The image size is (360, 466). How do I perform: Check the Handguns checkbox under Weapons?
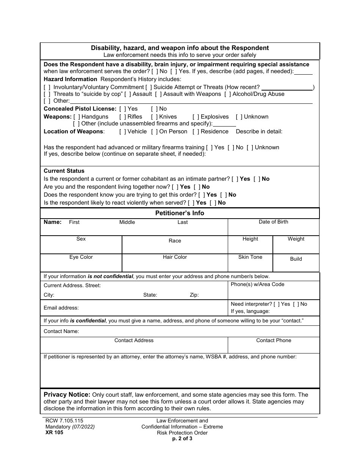tap(77, 117)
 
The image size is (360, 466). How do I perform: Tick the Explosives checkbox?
tap(196, 117)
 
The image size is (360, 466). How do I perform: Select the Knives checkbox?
tap(154, 117)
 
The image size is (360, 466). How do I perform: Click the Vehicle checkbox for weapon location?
tap(122, 131)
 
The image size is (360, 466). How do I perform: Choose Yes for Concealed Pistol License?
tap(122, 109)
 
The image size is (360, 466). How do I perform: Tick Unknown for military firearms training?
tap(250, 147)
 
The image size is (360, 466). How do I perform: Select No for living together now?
tap(197, 187)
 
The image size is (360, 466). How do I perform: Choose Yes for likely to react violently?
tap(191, 203)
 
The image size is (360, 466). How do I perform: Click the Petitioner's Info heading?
tap(180, 213)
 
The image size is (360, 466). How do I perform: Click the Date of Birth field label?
tap(273, 222)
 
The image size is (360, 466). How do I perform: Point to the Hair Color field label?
tap(175, 257)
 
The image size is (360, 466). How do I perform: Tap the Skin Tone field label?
tap(250, 257)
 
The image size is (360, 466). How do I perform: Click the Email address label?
tap(61, 308)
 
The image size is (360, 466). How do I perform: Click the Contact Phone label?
tap(274, 340)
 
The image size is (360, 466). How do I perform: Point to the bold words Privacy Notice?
tap(67, 394)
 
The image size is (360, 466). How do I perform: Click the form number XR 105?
tap(53, 432)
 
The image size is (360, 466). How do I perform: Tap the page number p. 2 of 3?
tap(182, 439)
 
